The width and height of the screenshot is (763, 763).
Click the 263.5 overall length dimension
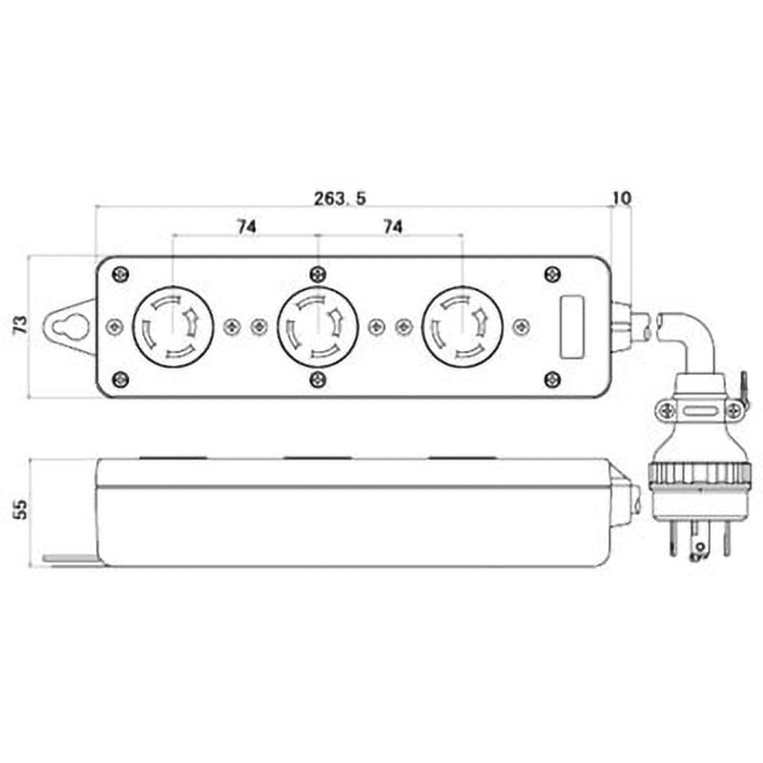340,197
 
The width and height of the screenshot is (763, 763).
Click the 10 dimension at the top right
621,197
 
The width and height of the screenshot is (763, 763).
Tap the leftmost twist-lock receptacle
173,326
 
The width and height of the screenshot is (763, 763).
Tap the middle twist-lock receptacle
318,326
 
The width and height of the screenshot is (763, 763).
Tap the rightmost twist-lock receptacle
463,326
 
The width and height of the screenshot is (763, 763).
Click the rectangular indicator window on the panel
571,326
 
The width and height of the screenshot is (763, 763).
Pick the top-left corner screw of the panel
120,275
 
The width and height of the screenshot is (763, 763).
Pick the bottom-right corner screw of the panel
552,380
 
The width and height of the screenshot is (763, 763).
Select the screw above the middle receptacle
318,275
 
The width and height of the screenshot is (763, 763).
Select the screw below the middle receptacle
318,380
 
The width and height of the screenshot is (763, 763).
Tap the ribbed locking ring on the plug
697,474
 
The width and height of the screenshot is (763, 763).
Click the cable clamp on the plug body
699,410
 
